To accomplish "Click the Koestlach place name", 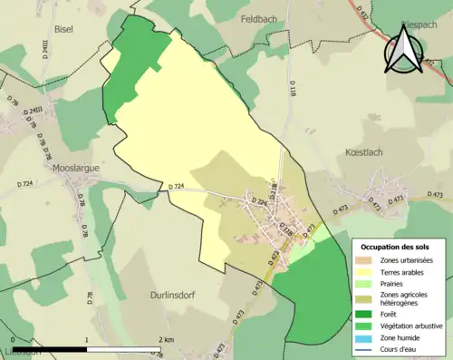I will point(365,153).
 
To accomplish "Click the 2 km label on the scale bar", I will point(163,339).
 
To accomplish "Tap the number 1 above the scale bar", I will point(86,339).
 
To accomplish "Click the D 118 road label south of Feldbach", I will point(293,88).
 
